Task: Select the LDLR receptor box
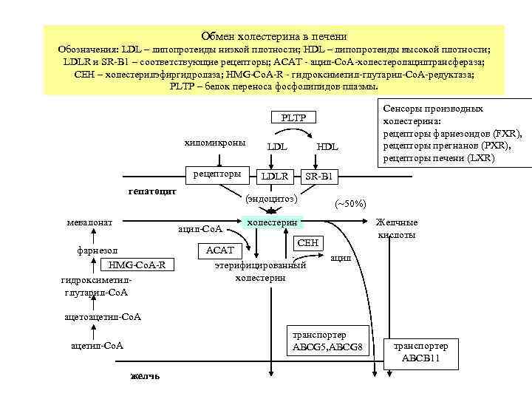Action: tap(274, 176)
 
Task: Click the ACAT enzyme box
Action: tap(219, 250)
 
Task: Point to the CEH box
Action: tap(307, 242)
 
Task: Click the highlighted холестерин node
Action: tap(272, 222)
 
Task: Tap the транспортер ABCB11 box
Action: tap(420, 352)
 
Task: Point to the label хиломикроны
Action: tap(214, 143)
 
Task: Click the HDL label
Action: tap(327, 147)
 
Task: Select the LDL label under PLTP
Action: tap(276, 147)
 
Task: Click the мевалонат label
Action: tap(89, 222)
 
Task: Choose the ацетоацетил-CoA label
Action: tap(103, 317)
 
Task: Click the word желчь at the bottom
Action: tap(143, 375)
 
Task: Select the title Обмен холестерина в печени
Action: tap(273, 36)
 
